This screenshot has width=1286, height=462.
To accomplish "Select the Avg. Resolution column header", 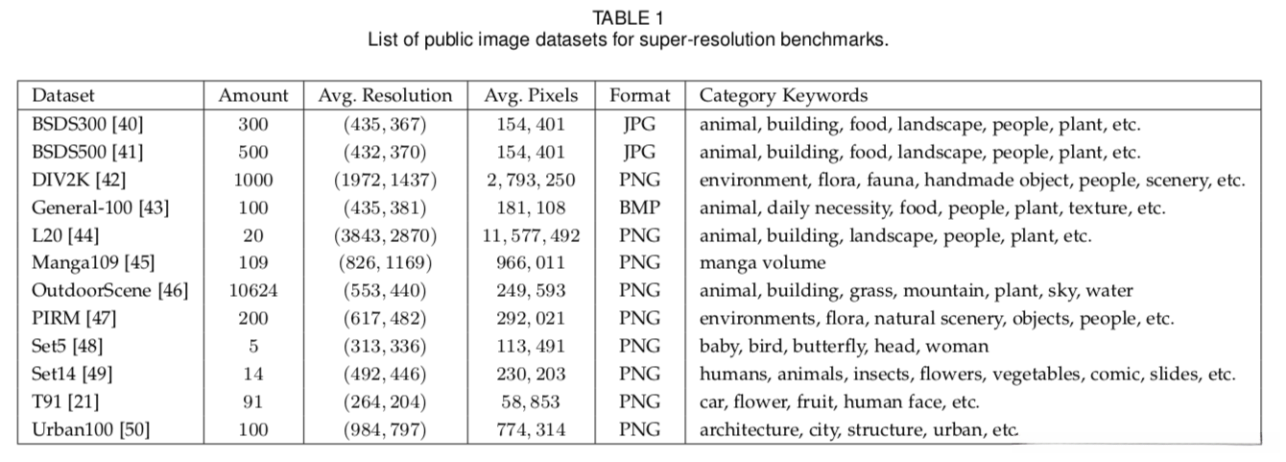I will pyautogui.click(x=385, y=95).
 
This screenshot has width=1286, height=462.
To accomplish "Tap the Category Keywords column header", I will pyautogui.click(x=783, y=95).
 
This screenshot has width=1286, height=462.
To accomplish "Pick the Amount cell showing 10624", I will pyautogui.click(x=253, y=290).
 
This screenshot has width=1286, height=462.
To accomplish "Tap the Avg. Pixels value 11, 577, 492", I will pyautogui.click(x=532, y=234).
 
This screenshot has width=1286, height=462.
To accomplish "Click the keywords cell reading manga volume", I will pyautogui.click(x=762, y=262).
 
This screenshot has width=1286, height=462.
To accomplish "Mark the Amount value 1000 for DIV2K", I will pyautogui.click(x=253, y=180).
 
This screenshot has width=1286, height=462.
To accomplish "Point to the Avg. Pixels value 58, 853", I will pyautogui.click(x=532, y=401).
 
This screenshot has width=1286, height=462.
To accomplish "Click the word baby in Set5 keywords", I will pyautogui.click(x=718, y=346).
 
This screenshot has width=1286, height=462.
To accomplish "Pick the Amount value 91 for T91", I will pyautogui.click(x=253, y=401).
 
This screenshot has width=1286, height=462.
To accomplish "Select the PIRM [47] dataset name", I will pyautogui.click(x=68, y=318).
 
